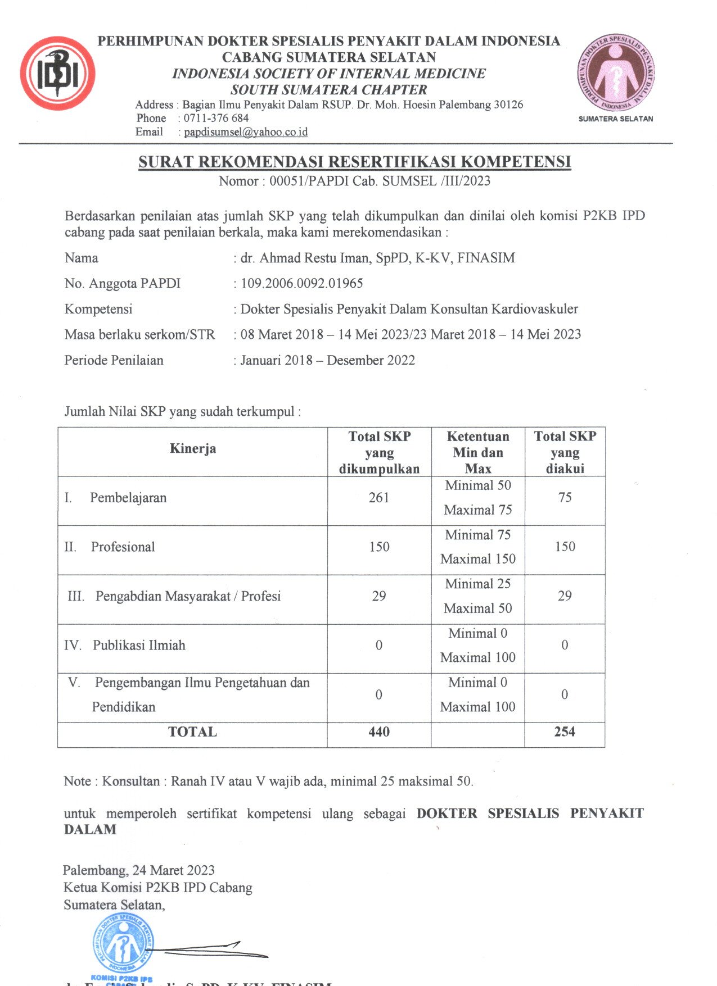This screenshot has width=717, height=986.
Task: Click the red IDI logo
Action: pyautogui.click(x=57, y=73)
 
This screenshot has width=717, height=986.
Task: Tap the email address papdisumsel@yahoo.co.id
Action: pyautogui.click(x=246, y=132)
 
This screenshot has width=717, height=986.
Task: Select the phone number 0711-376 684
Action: pyautogui.click(x=216, y=118)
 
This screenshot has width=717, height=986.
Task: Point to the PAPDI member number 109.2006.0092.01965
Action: pyautogui.click(x=302, y=283)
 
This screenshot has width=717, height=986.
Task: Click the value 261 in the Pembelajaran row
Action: pyautogui.click(x=379, y=497)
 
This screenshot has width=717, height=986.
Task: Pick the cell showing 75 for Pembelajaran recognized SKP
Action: pyautogui.click(x=565, y=497)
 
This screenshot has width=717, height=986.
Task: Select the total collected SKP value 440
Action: pyautogui.click(x=379, y=731)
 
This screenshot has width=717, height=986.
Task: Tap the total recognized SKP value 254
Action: pyautogui.click(x=565, y=731)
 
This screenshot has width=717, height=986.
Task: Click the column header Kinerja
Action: pyautogui.click(x=193, y=448)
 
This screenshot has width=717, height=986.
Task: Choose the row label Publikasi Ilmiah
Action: pyautogui.click(x=139, y=645)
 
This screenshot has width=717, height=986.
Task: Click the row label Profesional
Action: pyautogui.click(x=123, y=547)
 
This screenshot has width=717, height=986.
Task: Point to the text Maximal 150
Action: pyautogui.click(x=478, y=559)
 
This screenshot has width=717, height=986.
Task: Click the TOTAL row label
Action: pyautogui.click(x=193, y=731)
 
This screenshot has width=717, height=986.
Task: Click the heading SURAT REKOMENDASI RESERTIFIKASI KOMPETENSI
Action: pyautogui.click(x=355, y=162)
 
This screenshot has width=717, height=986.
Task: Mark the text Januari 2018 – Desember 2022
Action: pyautogui.click(x=328, y=360)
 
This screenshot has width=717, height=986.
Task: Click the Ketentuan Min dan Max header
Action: pyautogui.click(x=478, y=452)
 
